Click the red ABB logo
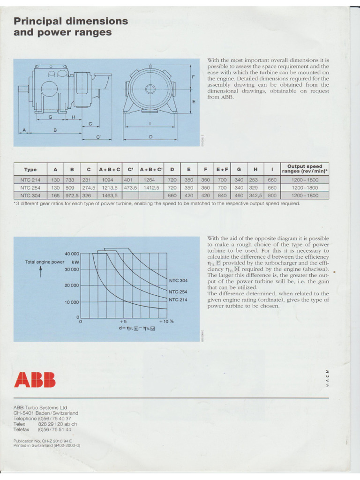pyautogui.click(x=35, y=379)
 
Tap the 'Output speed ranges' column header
pyautogui.click(x=304, y=169)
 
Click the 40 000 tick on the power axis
pyautogui.click(x=69, y=254)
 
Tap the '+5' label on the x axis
pyautogui.click(x=123, y=322)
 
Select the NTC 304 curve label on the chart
pyautogui.click(x=178, y=280)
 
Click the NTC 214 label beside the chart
pyautogui.click(x=178, y=300)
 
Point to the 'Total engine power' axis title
pyautogui.click(x=45, y=262)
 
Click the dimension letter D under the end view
pyautogui.click(x=151, y=136)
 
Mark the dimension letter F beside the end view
pyautogui.click(x=193, y=76)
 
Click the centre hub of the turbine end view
pyautogui.click(x=150, y=88)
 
